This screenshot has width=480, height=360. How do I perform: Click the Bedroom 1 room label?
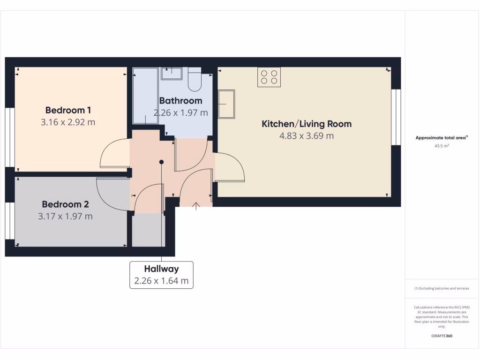pos(68,110)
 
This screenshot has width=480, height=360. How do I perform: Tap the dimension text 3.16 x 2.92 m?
pos(68,122)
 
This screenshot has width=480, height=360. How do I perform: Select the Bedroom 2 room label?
pos(65,204)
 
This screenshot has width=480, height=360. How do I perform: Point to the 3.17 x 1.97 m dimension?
pos(65,217)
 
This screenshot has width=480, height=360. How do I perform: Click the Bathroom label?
pos(180,100)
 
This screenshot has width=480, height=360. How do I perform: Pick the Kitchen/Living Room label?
pos(306,124)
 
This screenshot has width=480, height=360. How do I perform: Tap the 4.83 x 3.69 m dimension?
pos(306,136)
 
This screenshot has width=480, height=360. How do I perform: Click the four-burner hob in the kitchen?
pos(269,77)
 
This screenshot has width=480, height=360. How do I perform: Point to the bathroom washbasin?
pos(172,73)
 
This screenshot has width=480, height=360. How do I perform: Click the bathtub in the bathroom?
pos(145,96)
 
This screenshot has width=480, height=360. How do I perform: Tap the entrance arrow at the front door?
pos(195,204)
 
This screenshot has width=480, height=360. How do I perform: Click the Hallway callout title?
pos(161,269)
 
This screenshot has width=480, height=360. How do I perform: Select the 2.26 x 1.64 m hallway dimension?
pos(161,281)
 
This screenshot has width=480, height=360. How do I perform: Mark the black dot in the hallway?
pos(161,162)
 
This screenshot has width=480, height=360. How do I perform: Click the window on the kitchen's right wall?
pos(396,117)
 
